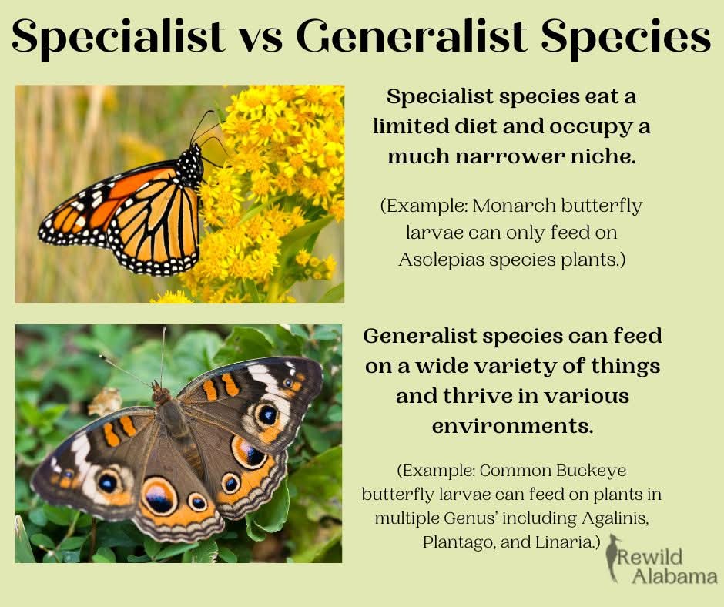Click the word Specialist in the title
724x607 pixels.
pos(119,37)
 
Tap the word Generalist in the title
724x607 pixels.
pos(412,35)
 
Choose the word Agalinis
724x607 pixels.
pos(615,518)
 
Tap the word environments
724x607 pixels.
pos(512,425)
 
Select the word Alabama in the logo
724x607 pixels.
pos(675,576)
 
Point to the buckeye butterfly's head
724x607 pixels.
pos(160,393)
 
